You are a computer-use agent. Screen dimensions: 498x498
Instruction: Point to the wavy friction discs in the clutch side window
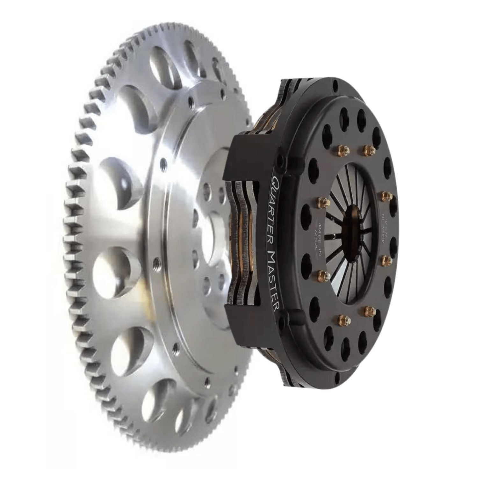244,239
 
